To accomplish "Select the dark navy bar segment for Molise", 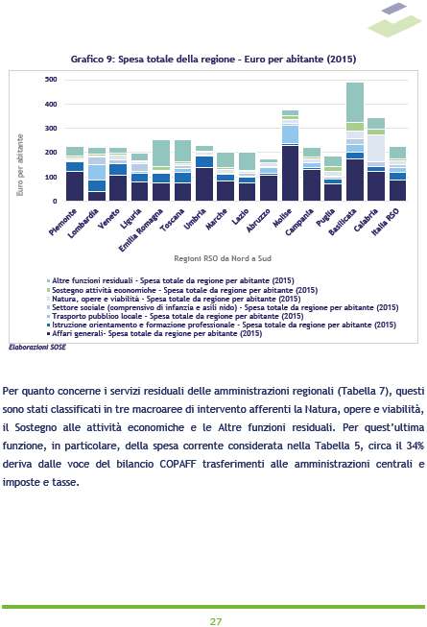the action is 291,173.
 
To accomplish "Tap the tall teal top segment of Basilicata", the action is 355,103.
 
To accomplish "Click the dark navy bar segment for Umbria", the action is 204,184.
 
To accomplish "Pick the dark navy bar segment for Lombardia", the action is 97,196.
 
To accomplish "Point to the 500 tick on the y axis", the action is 51,80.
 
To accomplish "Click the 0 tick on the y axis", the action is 55,201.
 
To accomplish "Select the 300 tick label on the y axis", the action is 51,129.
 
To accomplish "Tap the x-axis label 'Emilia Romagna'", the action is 141,229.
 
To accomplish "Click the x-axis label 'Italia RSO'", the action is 386,222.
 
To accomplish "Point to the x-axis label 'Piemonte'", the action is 62,222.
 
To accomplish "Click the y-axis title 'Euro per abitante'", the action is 20,165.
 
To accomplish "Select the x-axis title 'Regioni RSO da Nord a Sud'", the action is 223,258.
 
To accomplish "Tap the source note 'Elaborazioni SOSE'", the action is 37,348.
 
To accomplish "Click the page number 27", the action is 216,621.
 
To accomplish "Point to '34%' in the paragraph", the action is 415,446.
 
